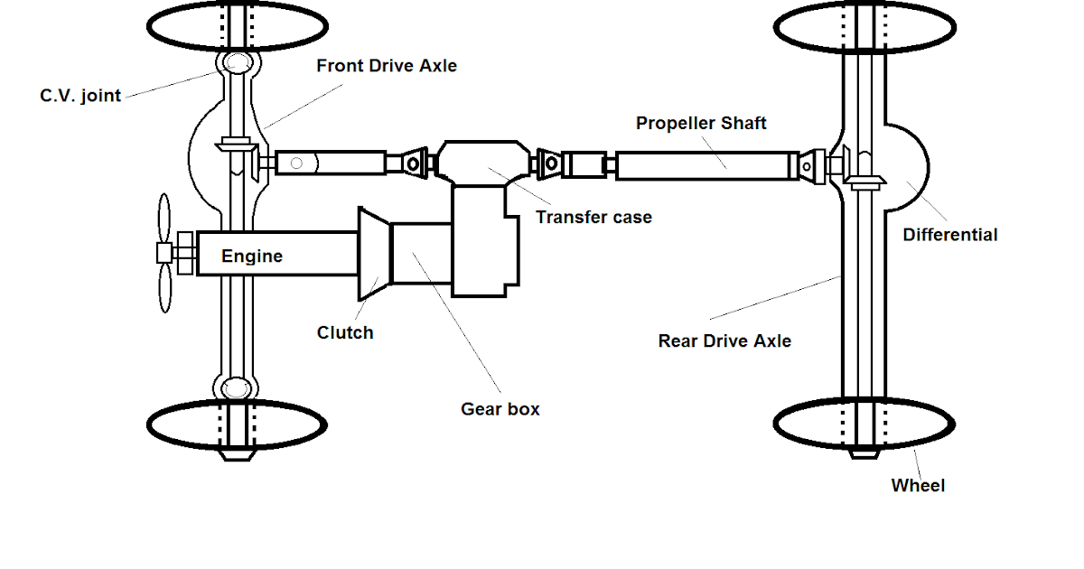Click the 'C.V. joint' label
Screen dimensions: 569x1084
pyautogui.click(x=80, y=96)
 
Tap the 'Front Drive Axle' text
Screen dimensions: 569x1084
pyautogui.click(x=387, y=66)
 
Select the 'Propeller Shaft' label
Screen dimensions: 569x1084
pyautogui.click(x=701, y=123)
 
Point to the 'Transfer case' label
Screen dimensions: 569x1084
pyautogui.click(x=593, y=217)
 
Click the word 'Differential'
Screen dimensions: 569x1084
pyautogui.click(x=950, y=235)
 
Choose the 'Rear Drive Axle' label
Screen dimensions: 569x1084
pyautogui.click(x=724, y=340)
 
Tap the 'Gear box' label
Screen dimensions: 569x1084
pyautogui.click(x=500, y=408)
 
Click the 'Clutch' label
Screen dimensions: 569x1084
pyautogui.click(x=345, y=332)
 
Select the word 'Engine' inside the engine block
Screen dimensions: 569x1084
pyautogui.click(x=252, y=257)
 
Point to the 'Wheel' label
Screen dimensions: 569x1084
pyautogui.click(x=918, y=485)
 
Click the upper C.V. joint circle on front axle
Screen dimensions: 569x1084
pyautogui.click(x=238, y=63)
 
